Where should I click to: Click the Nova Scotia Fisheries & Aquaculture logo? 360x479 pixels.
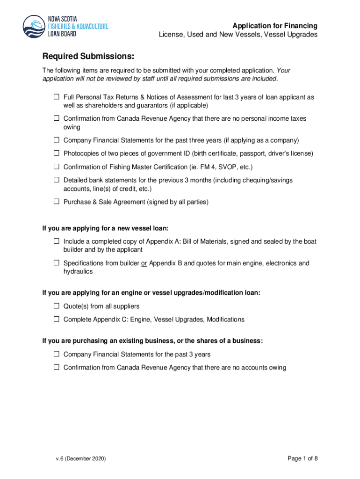[65, 26]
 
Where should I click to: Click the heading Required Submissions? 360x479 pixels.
[88, 57]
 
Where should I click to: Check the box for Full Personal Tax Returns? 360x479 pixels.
[56, 97]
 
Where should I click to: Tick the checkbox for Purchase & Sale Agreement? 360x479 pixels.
[56, 202]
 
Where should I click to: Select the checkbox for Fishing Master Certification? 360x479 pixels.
[56, 167]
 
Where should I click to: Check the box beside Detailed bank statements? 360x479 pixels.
[56, 180]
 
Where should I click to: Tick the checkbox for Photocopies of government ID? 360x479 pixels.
[56, 153]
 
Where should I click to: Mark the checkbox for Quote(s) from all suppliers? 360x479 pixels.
[56, 306]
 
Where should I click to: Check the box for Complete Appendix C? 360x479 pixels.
[56, 319]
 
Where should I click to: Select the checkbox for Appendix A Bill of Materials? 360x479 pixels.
[56, 241]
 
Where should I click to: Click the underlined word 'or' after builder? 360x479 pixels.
[144, 263]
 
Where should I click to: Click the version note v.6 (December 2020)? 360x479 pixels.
[80, 459]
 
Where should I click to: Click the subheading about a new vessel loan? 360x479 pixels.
[105, 228]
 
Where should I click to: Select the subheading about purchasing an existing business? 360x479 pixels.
[152, 341]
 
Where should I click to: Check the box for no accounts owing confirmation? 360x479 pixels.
[56, 368]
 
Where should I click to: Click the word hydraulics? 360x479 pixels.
[78, 271]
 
